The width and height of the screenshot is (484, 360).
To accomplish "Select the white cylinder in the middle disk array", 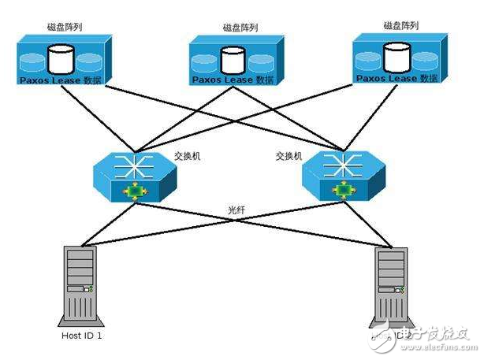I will pos(231,60).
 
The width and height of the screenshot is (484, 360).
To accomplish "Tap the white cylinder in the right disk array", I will pos(396,55).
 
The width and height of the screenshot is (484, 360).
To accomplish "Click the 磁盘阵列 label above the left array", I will pos(64,28).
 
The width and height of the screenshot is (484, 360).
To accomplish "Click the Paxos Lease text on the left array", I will pos(51,82).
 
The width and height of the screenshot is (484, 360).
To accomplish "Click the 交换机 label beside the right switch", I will pos(289,156).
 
